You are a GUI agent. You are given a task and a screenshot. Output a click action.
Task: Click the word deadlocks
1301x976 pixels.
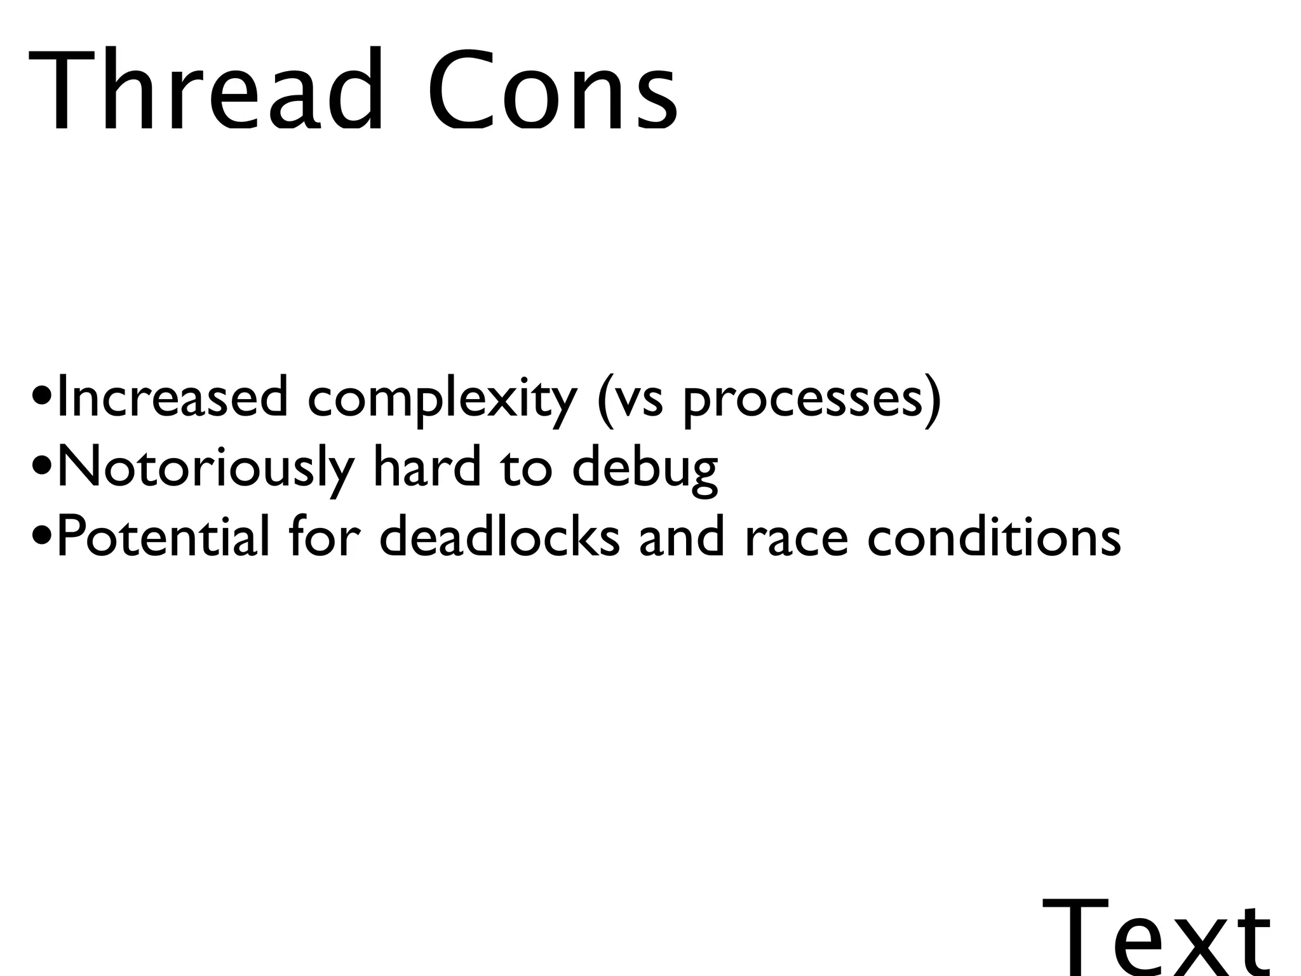[499, 537]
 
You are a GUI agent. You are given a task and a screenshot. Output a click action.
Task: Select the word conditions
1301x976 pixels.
[994, 537]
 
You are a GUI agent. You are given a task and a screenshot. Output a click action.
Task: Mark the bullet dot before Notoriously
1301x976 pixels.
[42, 470]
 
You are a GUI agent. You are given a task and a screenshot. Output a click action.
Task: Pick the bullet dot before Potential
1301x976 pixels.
[42, 539]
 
